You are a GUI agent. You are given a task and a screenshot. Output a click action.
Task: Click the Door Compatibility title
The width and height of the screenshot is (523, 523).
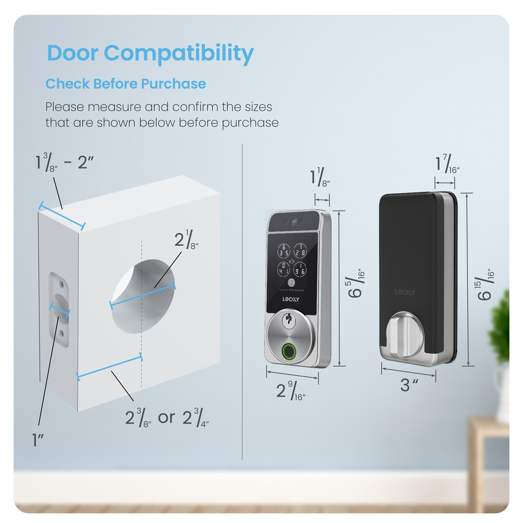click(x=150, y=53)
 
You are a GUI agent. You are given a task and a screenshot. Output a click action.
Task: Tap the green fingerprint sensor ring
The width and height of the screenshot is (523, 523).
click(x=289, y=351)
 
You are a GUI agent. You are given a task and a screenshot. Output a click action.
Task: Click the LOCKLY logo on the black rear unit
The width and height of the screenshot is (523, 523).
click(x=405, y=292)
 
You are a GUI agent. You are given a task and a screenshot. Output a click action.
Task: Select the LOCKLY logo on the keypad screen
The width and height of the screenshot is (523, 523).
click(x=291, y=299)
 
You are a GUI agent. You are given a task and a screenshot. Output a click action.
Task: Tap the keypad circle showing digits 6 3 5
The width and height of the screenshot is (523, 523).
click(x=284, y=250)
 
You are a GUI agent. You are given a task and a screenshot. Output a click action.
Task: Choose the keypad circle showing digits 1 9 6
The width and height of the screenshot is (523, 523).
click(x=300, y=269)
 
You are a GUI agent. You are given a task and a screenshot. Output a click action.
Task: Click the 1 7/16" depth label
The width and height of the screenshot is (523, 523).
click(x=447, y=164)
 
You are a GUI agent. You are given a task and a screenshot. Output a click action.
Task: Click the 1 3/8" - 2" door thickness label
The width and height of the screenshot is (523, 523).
click(x=65, y=162)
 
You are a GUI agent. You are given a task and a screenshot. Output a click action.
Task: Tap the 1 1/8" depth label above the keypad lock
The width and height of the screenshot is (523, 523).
click(x=320, y=177)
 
